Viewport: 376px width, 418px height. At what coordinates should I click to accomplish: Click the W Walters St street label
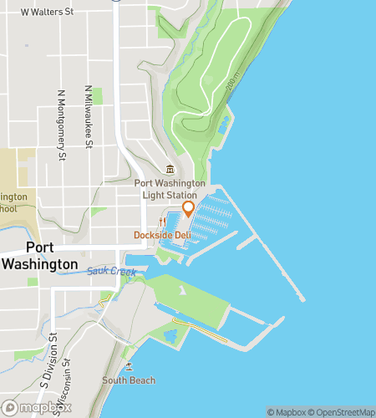[x=47, y=13]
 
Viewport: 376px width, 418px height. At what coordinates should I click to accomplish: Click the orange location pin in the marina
[x=188, y=209]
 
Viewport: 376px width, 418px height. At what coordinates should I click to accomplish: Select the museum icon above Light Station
[x=170, y=170]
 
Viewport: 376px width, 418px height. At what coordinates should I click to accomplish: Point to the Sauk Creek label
[x=110, y=272]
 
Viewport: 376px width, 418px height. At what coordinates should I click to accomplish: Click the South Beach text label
[x=129, y=380]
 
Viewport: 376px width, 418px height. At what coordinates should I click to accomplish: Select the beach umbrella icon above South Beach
[x=128, y=365]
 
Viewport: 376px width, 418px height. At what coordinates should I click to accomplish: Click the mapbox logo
[x=30, y=407]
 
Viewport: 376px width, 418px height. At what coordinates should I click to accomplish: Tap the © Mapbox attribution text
[x=287, y=411]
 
